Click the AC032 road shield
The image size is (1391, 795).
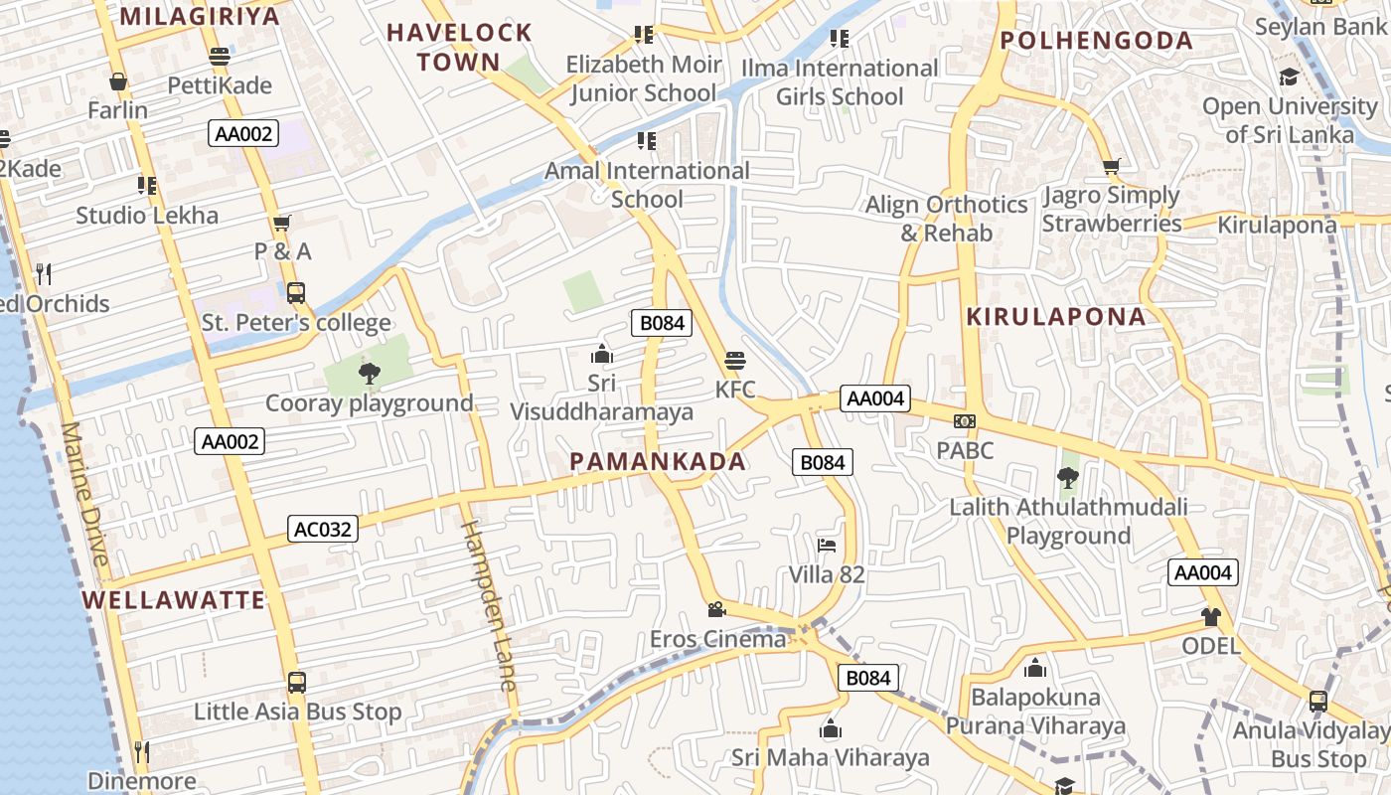[323, 529]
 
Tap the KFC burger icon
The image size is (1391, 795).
[735, 360]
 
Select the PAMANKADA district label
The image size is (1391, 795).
[658, 461]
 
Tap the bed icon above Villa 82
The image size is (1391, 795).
[827, 545]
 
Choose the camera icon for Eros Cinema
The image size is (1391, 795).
[716, 608]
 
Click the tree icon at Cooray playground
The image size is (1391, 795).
[369, 374]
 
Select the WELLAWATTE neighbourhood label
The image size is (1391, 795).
[174, 599]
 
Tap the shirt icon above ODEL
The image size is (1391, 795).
[1210, 616]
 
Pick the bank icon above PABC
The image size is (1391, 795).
[965, 421]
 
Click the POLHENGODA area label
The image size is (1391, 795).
[1096, 41]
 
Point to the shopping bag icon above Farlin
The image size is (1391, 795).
[118, 81]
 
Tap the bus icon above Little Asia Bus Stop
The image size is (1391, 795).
[296, 683]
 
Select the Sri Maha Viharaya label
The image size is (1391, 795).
[831, 757]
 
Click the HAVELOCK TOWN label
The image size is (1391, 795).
[459, 47]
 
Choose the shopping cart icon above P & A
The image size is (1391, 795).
[282, 223]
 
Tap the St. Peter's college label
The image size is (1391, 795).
[296, 323]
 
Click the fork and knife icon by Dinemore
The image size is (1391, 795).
[141, 750]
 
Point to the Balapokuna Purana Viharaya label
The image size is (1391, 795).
[1035, 712]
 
